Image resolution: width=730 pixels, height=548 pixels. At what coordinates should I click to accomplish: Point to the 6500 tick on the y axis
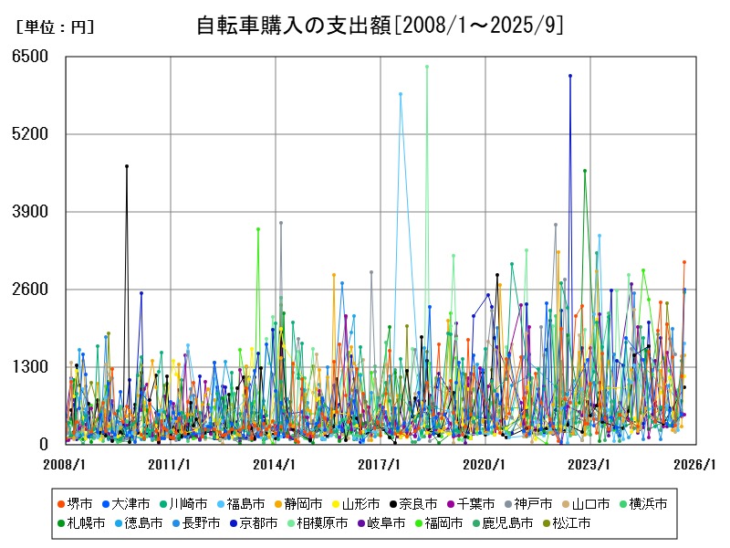pyautogui.click(x=30, y=57)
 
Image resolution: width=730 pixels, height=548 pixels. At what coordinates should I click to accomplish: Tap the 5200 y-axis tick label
pyautogui.click(x=30, y=134)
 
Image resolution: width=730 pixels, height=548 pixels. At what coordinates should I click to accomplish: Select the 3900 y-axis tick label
pyautogui.click(x=30, y=212)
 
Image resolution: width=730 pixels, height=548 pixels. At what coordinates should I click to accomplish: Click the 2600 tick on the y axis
pyautogui.click(x=30, y=290)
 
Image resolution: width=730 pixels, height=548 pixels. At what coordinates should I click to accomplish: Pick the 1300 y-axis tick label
pyautogui.click(x=30, y=367)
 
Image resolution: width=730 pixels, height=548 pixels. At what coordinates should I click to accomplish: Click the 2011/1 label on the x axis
pyautogui.click(x=171, y=465)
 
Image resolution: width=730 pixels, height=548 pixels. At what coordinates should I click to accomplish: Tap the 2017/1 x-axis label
pyautogui.click(x=381, y=465)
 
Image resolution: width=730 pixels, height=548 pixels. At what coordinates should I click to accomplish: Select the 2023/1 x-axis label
pyautogui.click(x=590, y=465)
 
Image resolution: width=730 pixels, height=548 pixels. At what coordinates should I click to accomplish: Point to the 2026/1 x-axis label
pyautogui.click(x=695, y=465)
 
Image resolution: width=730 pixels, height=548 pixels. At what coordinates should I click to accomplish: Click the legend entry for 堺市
pyautogui.click(x=74, y=503)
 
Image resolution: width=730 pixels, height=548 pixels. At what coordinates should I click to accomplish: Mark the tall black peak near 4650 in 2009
pyautogui.click(x=127, y=166)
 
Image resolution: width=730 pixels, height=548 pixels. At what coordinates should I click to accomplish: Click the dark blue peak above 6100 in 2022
pyautogui.click(x=570, y=76)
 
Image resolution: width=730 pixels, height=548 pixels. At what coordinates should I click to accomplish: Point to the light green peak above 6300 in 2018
pyautogui.click(x=427, y=67)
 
